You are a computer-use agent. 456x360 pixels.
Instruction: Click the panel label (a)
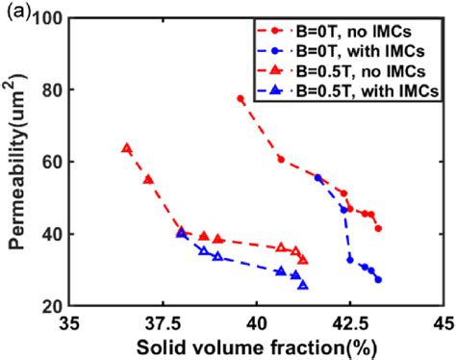14,11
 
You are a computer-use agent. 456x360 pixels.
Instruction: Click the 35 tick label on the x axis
68,324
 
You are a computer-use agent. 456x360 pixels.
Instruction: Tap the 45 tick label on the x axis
443,324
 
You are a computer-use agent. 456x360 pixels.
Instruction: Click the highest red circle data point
241,99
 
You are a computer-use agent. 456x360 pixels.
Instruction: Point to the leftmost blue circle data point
318,177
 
